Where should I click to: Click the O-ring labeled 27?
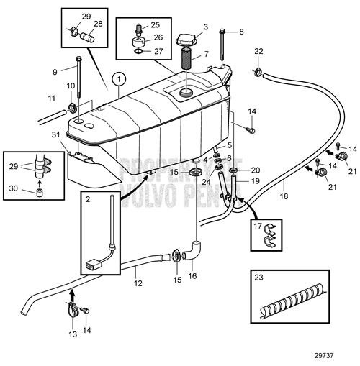(x=138, y=52)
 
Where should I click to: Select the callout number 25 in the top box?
(x=156, y=25)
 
